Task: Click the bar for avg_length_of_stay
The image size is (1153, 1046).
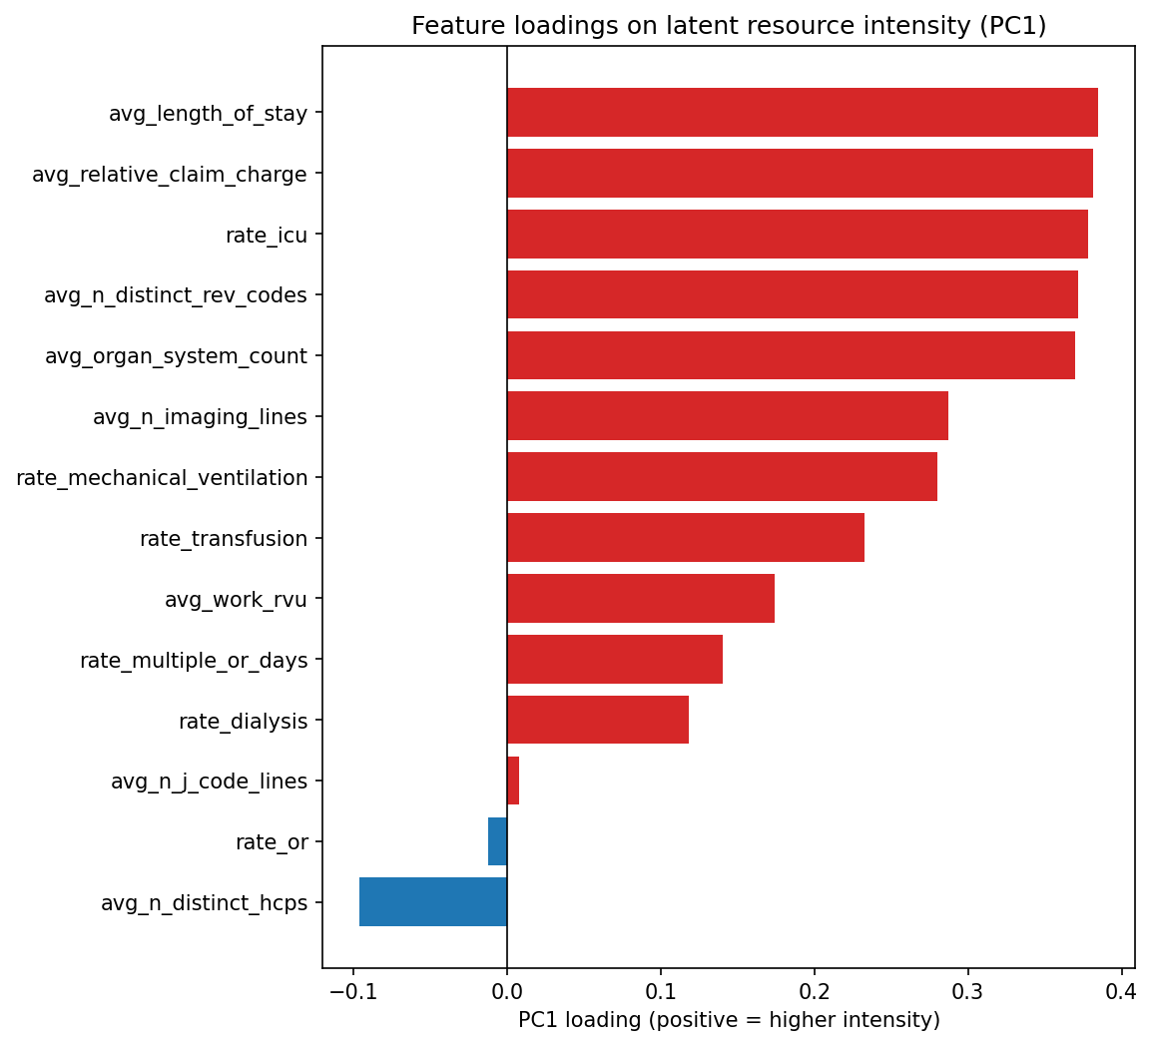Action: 802,113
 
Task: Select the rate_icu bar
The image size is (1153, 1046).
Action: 797,235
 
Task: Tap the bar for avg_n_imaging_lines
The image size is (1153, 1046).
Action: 727,416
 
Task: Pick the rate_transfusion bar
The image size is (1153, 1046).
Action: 685,539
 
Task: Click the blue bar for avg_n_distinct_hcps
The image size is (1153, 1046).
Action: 433,902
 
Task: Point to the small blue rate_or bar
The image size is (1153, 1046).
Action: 497,841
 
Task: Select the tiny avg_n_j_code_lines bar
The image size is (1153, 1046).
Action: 513,781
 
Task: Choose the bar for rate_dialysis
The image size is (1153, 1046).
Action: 597,721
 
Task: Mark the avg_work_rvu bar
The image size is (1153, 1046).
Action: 640,599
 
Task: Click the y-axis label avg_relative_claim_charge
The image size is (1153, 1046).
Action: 170,175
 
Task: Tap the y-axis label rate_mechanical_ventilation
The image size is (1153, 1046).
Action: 162,478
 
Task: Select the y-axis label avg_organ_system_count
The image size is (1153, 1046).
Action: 176,356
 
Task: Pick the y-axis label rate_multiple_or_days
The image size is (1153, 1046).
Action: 194,660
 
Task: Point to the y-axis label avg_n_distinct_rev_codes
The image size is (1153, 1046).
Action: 176,295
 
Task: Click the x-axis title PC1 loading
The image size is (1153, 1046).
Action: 729,1020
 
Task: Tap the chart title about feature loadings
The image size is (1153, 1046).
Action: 729,26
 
